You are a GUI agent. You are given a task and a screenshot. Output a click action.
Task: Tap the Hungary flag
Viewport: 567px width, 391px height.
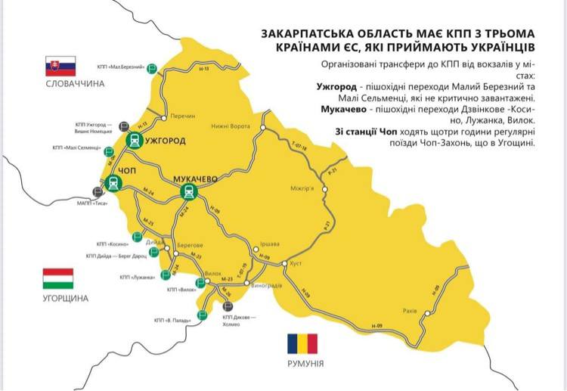[58, 278]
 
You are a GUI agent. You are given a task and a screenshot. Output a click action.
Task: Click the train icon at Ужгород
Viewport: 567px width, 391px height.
[134, 140]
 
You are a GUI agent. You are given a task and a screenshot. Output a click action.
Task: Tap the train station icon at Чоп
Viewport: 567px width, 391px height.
[113, 182]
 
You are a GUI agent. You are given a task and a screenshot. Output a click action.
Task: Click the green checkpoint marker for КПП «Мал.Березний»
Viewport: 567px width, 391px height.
[152, 67]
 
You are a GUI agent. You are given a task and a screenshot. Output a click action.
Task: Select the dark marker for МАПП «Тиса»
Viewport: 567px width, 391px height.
[95, 191]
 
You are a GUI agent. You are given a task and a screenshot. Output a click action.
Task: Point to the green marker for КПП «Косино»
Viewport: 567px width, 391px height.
[137, 237]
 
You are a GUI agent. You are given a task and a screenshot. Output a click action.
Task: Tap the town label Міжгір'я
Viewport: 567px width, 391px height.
[302, 188]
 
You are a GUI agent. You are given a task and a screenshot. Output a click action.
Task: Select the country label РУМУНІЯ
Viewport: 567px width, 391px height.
[302, 364]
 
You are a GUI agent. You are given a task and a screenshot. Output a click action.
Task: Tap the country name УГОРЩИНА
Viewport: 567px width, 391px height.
[58, 298]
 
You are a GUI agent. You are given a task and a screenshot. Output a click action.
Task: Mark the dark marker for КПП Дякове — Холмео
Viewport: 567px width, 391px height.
[228, 306]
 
